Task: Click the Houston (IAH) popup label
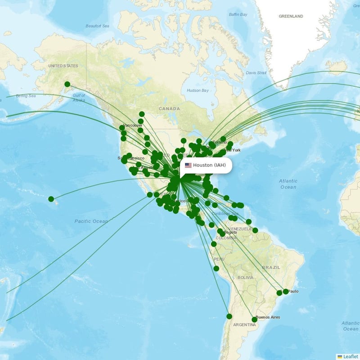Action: click(x=209, y=165)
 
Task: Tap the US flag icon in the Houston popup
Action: click(x=188, y=165)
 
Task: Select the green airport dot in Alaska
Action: click(x=67, y=84)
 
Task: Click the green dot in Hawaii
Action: click(x=51, y=199)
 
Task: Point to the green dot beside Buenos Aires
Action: click(x=254, y=319)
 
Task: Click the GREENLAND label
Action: click(x=291, y=16)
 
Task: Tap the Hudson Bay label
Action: click(x=198, y=90)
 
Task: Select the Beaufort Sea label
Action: click(x=97, y=26)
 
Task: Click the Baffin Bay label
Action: click(x=238, y=14)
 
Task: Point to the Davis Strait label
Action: click(x=256, y=73)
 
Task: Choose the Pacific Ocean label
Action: click(x=91, y=221)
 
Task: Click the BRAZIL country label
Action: click(x=271, y=267)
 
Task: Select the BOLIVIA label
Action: click(x=245, y=278)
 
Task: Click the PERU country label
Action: click(x=219, y=259)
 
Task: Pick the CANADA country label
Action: click(x=169, y=108)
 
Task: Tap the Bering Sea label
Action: click(x=26, y=96)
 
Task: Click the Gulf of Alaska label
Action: click(x=78, y=98)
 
